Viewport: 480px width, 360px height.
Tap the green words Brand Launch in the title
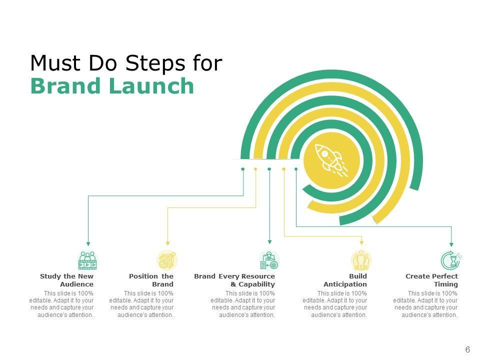point(112,86)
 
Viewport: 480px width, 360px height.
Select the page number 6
point(467,349)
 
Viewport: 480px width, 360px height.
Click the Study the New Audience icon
point(87,260)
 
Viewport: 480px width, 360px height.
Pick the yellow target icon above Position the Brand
point(167,260)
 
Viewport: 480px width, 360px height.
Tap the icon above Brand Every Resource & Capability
point(269,260)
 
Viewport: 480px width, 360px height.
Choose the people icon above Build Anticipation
point(361,260)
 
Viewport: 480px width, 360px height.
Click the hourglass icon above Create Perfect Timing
point(451,260)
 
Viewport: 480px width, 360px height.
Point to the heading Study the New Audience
point(67,280)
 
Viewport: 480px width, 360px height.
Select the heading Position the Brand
point(151,280)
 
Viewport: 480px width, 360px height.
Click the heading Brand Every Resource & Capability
point(234,280)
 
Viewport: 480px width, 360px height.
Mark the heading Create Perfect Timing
point(431,280)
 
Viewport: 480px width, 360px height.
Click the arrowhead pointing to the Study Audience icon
point(88,244)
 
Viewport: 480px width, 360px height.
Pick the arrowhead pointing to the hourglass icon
point(451,244)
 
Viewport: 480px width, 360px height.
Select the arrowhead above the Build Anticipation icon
point(361,244)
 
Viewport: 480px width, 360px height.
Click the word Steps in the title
point(152,63)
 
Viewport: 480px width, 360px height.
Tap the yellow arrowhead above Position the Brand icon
point(167,244)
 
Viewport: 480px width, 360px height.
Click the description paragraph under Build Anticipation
point(334,304)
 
